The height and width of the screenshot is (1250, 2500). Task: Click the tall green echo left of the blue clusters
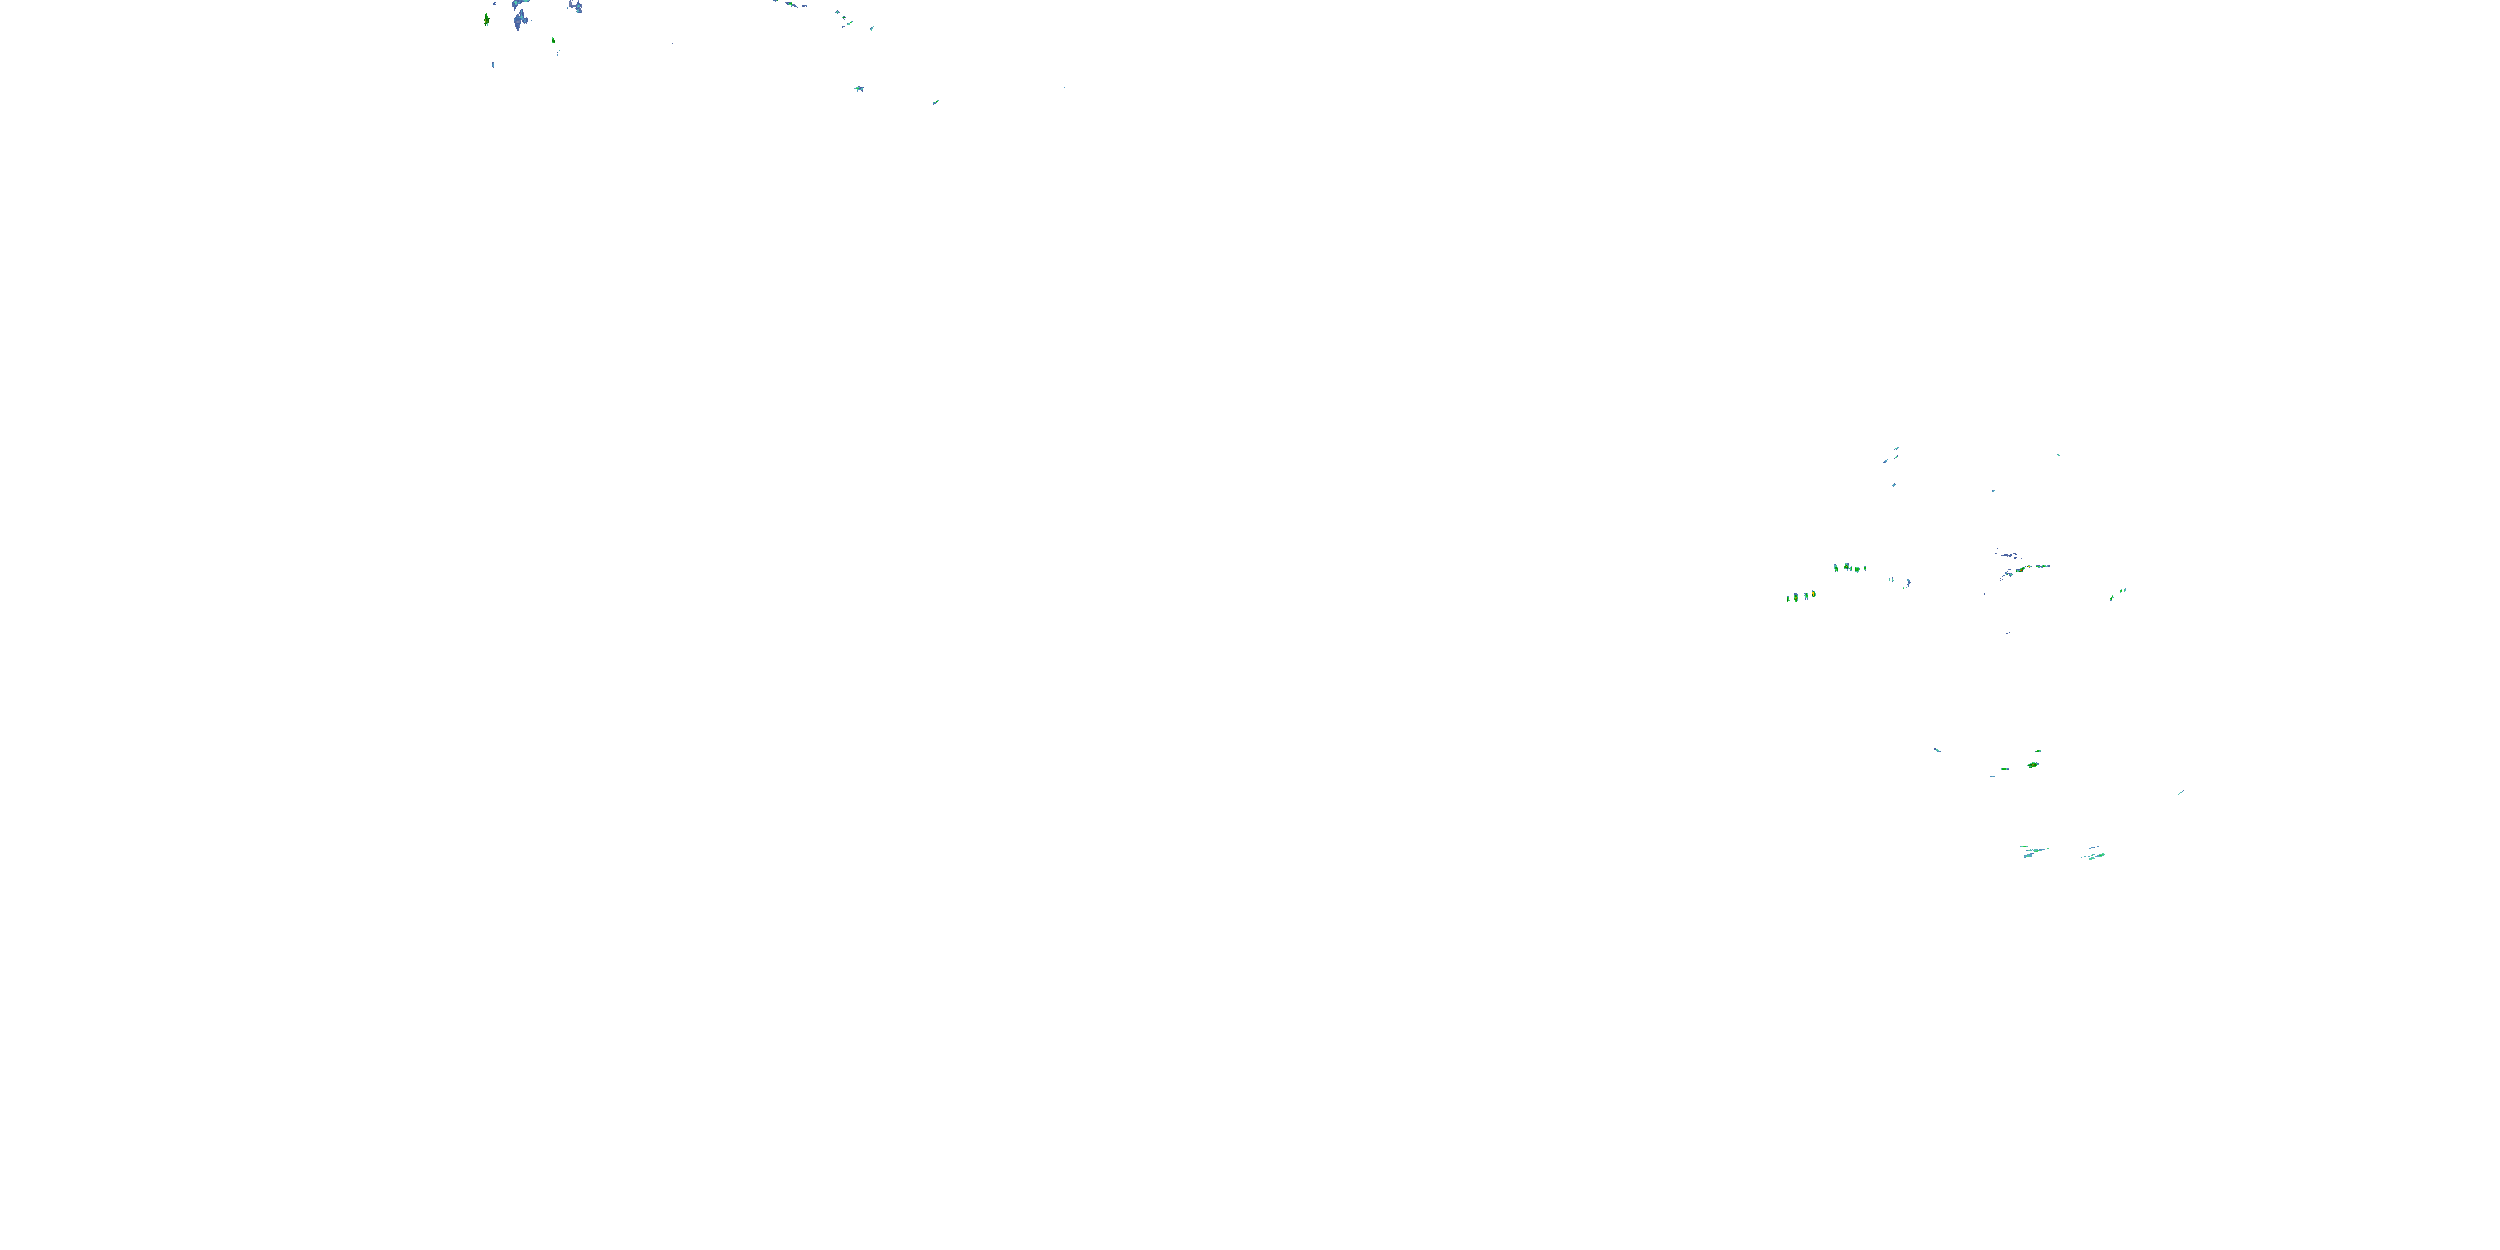486,18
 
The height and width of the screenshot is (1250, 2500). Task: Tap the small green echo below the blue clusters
553,41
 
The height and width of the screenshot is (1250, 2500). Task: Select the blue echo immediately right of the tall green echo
520,17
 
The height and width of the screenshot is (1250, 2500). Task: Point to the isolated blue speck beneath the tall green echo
493,65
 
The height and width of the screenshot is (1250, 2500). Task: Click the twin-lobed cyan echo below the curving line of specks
859,88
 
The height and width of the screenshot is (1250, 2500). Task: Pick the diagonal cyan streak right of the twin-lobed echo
936,102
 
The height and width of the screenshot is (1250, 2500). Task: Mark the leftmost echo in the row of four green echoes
1788,597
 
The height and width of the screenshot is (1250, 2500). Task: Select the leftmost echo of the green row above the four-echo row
1836,567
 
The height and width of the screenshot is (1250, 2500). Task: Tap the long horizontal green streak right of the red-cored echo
2036,567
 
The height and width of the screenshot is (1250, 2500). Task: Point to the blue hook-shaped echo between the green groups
1907,583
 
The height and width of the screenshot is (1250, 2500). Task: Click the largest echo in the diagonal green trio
2112,597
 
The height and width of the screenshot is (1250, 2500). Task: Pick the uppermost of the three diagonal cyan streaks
1897,448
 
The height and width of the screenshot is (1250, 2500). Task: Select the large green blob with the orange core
2032,766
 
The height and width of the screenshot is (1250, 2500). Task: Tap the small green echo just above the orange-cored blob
2037,751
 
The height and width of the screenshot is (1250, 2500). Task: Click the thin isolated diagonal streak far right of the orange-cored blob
2181,792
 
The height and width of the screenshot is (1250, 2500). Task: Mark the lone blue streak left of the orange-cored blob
1937,749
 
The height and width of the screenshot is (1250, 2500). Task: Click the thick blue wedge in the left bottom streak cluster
2027,855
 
